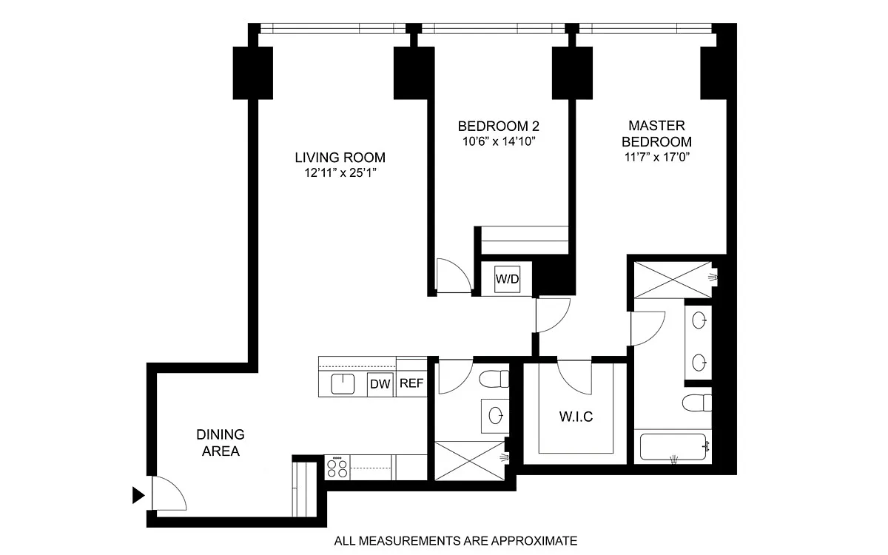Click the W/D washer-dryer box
click(507, 279)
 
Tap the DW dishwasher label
click(380, 384)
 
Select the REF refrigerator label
click(411, 383)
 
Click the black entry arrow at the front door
click(138, 495)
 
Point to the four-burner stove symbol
click(337, 468)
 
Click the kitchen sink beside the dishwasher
click(343, 384)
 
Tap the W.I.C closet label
click(576, 417)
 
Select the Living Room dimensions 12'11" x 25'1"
click(340, 173)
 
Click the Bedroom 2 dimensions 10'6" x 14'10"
click(499, 141)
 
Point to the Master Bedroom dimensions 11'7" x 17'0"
click(657, 158)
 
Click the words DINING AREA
click(221, 443)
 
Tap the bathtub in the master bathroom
click(673, 447)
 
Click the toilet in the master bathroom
click(697, 403)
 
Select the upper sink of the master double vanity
click(699, 320)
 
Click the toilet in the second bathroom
click(494, 379)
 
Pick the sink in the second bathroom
click(495, 416)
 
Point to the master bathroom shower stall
click(673, 280)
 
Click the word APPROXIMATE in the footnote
click(534, 541)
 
